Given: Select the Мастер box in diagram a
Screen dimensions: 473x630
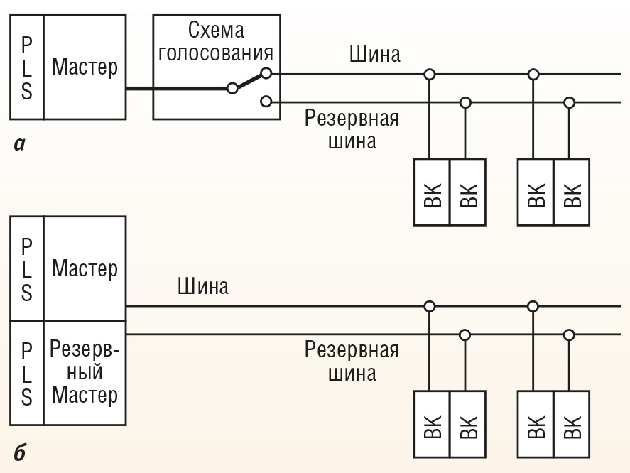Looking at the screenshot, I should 85,67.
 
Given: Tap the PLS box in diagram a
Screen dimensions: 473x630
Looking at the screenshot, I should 26,67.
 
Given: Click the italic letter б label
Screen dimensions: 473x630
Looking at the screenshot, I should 19,452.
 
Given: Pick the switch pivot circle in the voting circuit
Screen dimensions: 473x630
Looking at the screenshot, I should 232,89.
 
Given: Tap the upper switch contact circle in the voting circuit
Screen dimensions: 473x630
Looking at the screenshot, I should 266,73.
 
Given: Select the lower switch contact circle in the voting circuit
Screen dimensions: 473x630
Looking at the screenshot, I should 266,102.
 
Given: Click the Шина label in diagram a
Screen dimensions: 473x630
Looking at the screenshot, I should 374,55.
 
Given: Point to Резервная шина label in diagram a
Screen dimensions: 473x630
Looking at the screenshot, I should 352,129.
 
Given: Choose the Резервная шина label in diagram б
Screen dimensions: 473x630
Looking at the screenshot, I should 352,360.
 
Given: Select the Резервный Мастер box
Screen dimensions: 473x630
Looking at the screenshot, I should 85,373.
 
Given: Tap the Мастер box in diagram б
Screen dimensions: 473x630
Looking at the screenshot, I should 85,268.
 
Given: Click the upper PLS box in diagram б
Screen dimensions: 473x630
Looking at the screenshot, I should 26,268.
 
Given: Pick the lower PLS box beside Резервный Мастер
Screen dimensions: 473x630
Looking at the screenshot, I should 26,373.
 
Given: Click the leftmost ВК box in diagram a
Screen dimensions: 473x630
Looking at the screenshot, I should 432,192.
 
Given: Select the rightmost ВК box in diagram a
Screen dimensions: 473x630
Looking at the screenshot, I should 571,192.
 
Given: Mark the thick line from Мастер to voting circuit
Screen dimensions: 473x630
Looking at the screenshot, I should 178,89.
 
